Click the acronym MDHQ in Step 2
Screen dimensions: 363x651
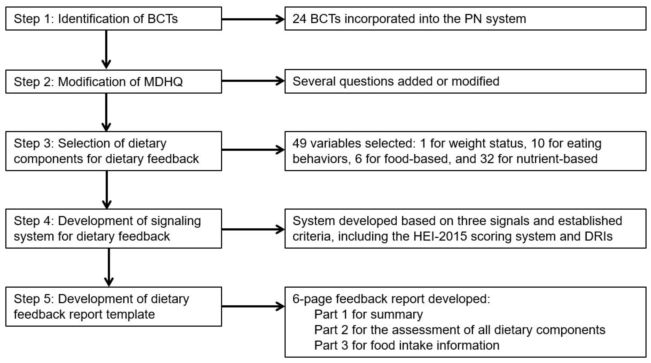click(163, 82)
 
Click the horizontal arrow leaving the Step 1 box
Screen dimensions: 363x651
click(253, 19)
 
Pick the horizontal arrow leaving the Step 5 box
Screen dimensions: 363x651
click(253, 306)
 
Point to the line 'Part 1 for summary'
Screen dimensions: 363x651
click(368, 314)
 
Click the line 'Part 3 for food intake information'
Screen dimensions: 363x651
click(407, 345)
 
